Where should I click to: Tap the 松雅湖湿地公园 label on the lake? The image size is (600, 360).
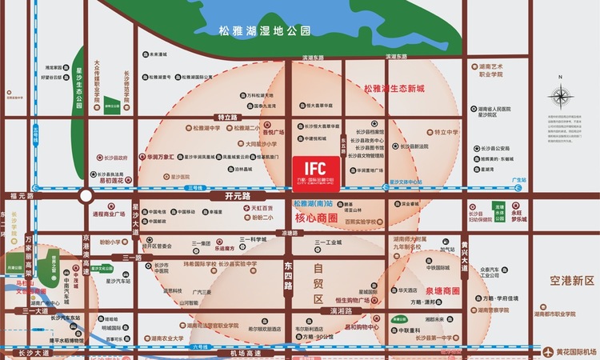point(264,31)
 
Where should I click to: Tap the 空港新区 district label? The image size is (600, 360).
point(567,280)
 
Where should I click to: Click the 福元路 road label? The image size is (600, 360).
point(22,195)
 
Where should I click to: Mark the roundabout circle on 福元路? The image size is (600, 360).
point(85,196)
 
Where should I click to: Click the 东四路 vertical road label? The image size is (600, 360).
point(288,272)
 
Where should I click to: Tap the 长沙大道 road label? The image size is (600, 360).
point(23,351)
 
